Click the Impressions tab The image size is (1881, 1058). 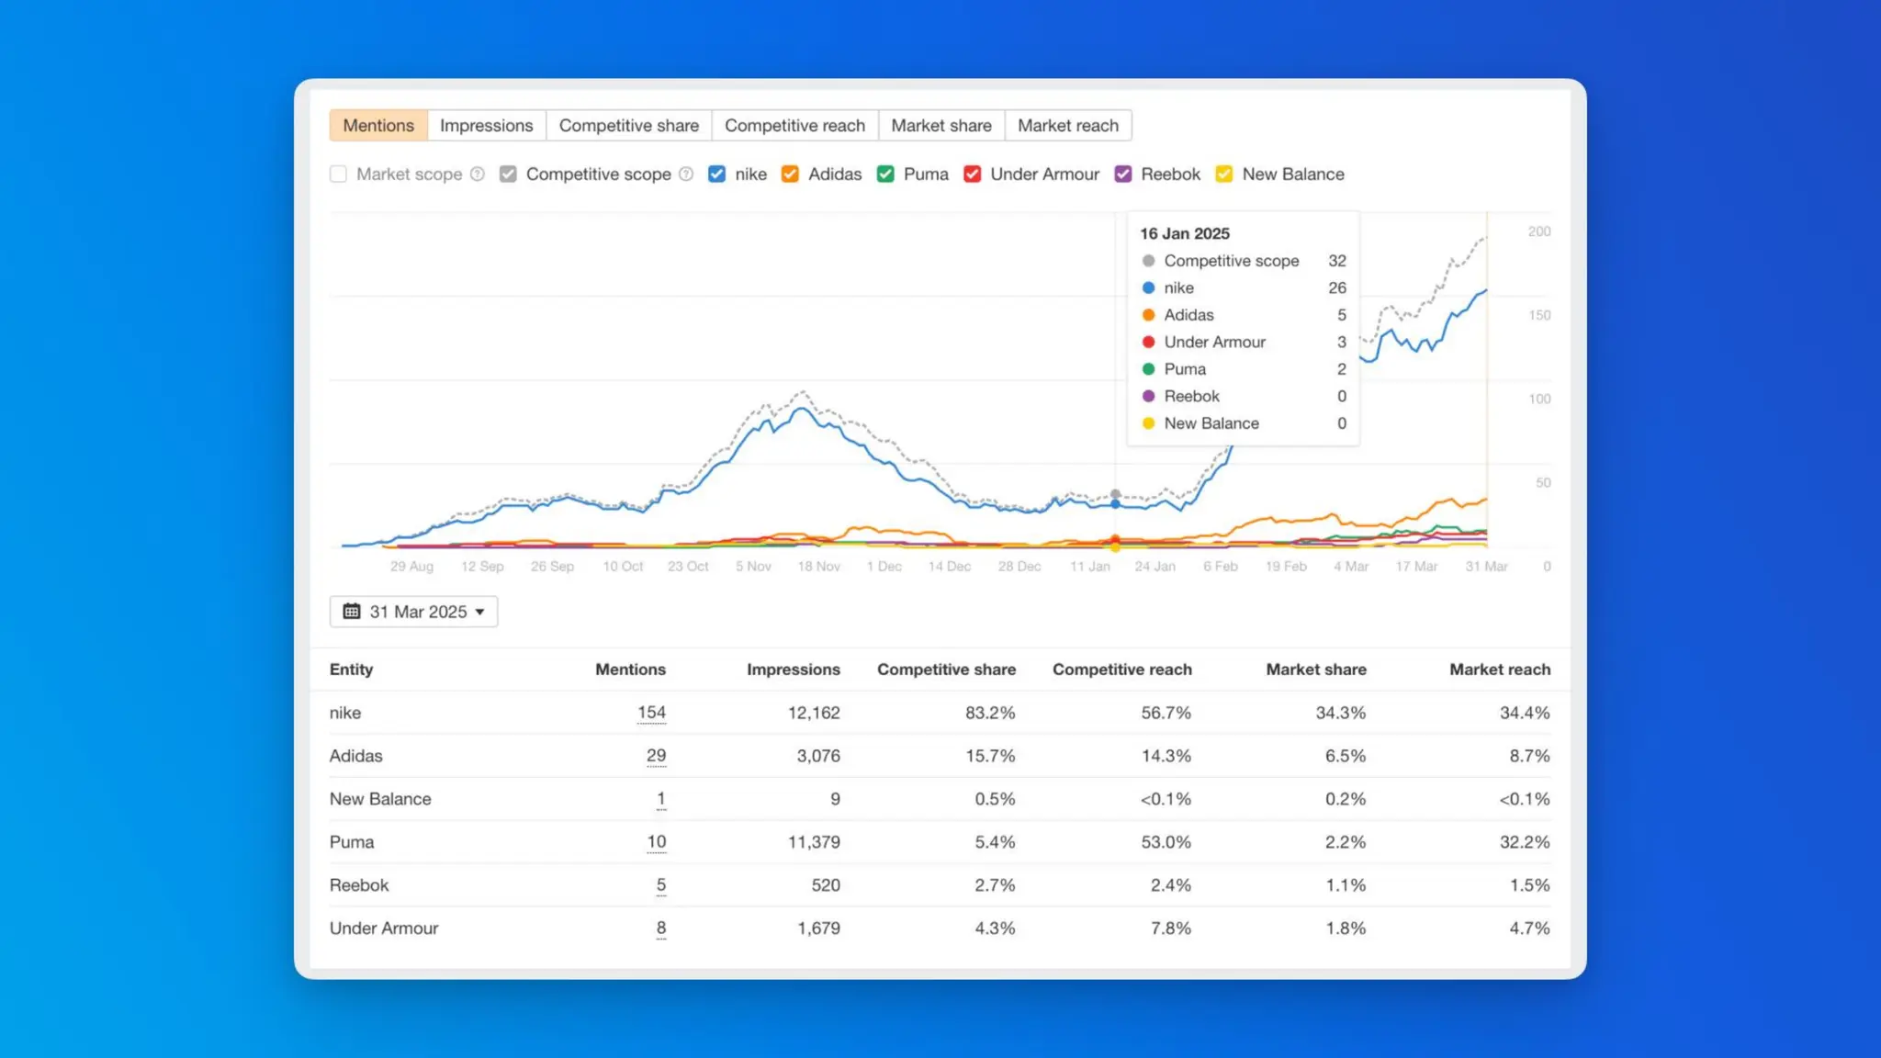[x=486, y=126]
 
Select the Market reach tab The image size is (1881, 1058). [x=1067, y=126]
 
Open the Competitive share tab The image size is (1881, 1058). [x=628, y=126]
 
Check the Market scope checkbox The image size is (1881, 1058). [x=339, y=174]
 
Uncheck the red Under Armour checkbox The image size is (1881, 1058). [x=973, y=174]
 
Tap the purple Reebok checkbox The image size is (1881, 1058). [x=1123, y=174]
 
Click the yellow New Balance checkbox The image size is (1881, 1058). [x=1224, y=174]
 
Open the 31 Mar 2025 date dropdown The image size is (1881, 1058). [x=413, y=612]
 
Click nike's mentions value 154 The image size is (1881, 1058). [x=651, y=713]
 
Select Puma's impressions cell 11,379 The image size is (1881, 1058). [x=813, y=842]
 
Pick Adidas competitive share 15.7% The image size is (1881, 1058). [x=989, y=756]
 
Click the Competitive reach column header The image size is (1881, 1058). [x=1121, y=670]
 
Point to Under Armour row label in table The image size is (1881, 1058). [x=384, y=929]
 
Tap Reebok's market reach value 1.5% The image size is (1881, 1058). [x=1528, y=885]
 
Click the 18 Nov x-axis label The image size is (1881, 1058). [x=818, y=567]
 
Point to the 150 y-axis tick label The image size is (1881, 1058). [x=1539, y=315]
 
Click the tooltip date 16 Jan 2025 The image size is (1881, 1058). [x=1185, y=233]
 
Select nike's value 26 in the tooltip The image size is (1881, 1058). [x=1336, y=288]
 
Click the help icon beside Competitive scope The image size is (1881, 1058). [x=686, y=174]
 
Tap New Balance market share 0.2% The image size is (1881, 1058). [x=1345, y=799]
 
